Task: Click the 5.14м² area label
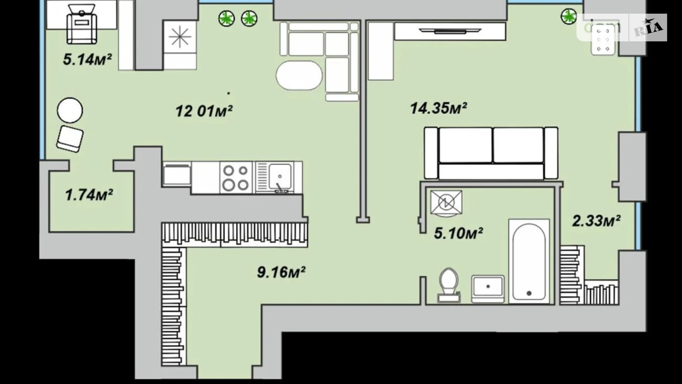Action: (x=87, y=59)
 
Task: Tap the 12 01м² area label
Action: (x=204, y=110)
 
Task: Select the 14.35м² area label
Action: (x=439, y=108)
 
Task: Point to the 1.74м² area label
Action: (x=89, y=195)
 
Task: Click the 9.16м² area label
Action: (x=281, y=272)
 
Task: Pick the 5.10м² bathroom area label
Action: (x=458, y=233)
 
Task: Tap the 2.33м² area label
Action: (x=596, y=221)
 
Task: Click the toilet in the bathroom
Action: (x=449, y=285)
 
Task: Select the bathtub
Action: (x=529, y=261)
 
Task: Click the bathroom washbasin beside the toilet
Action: (x=488, y=289)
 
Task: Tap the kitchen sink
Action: (x=279, y=177)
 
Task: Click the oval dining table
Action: (x=299, y=75)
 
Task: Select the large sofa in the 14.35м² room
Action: (x=491, y=153)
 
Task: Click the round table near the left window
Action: (x=70, y=110)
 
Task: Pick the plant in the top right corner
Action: (x=568, y=16)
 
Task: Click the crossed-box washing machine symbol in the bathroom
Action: (x=446, y=202)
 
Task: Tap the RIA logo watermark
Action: (x=648, y=27)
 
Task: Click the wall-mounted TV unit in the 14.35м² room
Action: (x=450, y=31)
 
